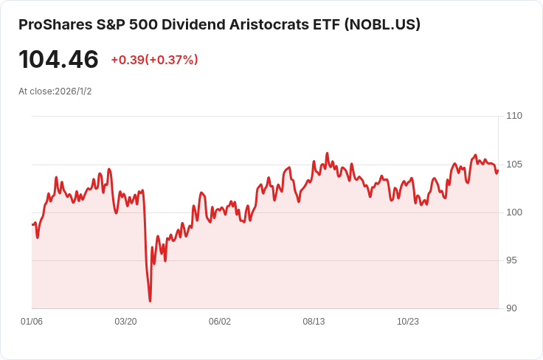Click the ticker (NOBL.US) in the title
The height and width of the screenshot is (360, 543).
point(383,24)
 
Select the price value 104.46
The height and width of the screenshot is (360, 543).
point(58,59)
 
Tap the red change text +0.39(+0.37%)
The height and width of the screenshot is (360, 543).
point(154,60)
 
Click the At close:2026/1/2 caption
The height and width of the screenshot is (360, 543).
point(55,91)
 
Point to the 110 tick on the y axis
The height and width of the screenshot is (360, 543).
point(514,116)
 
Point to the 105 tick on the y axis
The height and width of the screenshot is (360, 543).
point(514,164)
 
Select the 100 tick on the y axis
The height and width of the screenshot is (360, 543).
point(514,212)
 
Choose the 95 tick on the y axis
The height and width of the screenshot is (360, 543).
point(514,260)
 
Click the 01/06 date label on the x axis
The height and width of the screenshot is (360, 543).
point(32,322)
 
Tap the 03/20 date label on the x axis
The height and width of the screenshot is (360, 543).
point(125,322)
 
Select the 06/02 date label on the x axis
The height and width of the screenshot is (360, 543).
point(220,322)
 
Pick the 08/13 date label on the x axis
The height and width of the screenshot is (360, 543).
point(314,322)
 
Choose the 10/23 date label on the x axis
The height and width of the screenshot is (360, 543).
point(408,322)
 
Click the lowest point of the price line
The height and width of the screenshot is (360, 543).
point(150,301)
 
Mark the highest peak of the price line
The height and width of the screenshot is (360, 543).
point(327,153)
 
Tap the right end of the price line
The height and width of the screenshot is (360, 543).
point(498,170)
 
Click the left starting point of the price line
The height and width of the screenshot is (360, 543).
point(32,224)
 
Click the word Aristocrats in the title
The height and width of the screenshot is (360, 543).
point(271,24)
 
